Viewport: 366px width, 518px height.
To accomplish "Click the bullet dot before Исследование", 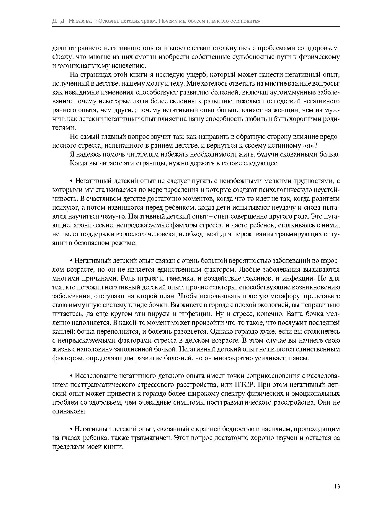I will tap(71, 376).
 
